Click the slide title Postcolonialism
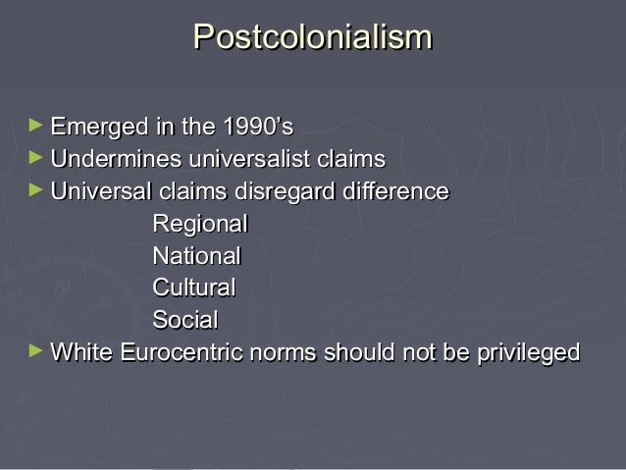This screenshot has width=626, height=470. pos(313,37)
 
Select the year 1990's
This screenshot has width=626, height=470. pos(256,128)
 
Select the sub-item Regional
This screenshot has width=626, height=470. pos(199,225)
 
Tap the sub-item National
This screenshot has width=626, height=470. pos(196,256)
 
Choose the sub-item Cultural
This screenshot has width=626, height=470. pos(194,288)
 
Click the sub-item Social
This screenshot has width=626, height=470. pos(184,320)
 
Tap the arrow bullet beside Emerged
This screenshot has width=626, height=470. pos(36,127)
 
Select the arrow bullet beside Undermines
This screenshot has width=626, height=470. pos(36,158)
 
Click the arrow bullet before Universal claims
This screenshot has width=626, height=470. pos(36,190)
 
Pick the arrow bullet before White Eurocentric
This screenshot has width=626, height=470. pos(36,350)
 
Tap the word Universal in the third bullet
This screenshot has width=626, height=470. pos(96,191)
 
